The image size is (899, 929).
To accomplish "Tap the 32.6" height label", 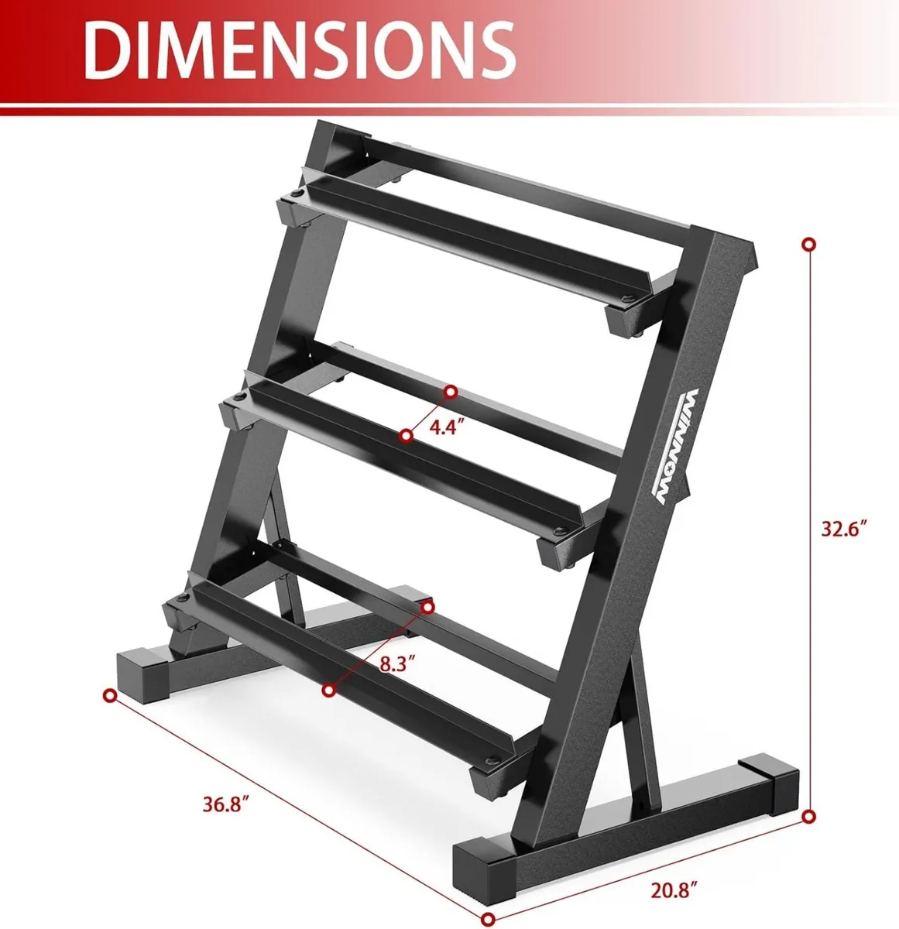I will tap(843, 530).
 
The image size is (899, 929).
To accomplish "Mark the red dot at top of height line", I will tap(809, 244).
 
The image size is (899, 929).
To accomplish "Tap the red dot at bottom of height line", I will tap(809, 816).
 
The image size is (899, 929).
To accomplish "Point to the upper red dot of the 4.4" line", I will tap(450, 391).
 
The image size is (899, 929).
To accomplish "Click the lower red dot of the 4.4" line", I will tap(406, 437).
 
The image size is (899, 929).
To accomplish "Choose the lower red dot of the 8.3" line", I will tap(330, 689).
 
